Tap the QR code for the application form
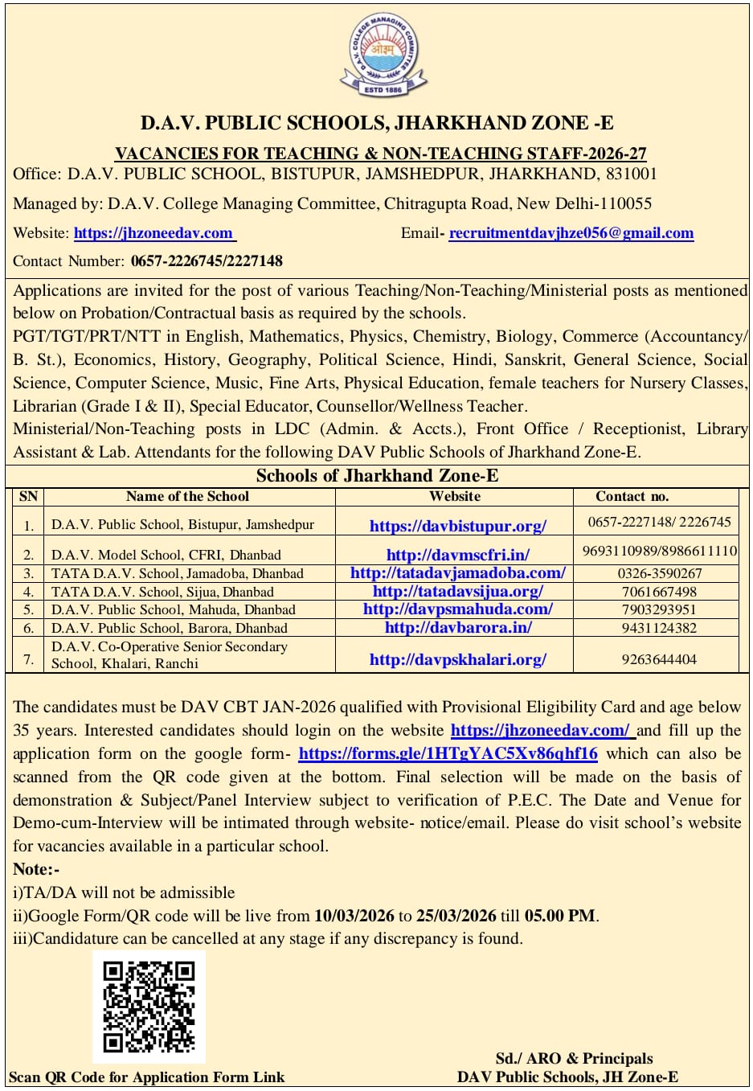point(149,1007)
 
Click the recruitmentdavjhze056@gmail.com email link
point(571,233)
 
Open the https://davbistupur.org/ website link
point(457,526)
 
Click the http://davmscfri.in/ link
point(457,555)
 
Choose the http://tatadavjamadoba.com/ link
point(457,573)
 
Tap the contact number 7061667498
point(659,592)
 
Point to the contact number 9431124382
point(659,628)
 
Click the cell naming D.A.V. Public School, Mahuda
point(173,609)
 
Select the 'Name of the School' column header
point(187,496)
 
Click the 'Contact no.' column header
point(632,496)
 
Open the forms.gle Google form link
point(448,753)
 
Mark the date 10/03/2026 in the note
point(354,915)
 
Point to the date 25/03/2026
point(456,915)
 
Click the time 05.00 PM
point(560,915)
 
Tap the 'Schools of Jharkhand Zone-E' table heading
point(377,475)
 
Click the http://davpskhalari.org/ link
point(457,659)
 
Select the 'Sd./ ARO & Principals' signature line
point(574,1058)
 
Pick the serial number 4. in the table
point(29,592)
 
